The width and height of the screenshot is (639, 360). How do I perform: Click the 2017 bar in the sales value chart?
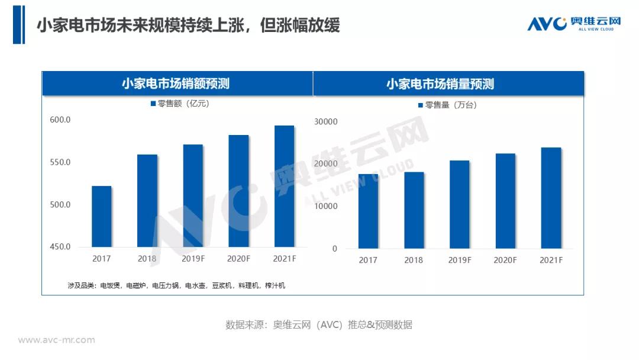click(x=102, y=216)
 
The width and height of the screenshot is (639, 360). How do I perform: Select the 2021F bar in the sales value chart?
click(x=285, y=186)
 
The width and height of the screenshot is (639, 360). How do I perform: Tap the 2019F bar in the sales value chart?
click(x=193, y=195)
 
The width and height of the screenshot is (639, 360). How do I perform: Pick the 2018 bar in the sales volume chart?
click(x=414, y=210)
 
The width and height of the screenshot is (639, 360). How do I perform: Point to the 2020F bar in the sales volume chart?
click(x=505, y=201)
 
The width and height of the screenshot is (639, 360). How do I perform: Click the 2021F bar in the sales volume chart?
click(x=551, y=198)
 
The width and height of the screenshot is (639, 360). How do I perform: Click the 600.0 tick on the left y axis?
click(x=60, y=120)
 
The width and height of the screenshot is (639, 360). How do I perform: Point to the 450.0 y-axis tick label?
click(x=60, y=247)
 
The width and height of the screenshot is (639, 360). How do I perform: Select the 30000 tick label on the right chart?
click(x=326, y=122)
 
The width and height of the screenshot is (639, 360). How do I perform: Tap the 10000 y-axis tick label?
click(x=326, y=207)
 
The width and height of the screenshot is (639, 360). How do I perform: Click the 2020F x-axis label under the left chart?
click(x=238, y=259)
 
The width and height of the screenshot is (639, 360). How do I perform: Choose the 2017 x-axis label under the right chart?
click(x=367, y=261)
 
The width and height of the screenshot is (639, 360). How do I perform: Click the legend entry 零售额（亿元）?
click(x=179, y=104)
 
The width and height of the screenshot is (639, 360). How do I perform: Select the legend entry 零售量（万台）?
click(x=447, y=105)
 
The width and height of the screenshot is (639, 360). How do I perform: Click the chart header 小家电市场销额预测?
click(x=176, y=84)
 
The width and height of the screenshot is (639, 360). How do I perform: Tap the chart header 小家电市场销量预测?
click(x=440, y=84)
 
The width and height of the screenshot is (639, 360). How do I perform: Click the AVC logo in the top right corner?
click(x=573, y=24)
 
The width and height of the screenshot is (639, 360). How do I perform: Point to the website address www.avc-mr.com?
click(x=56, y=340)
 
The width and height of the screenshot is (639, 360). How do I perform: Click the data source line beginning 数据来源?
click(x=318, y=324)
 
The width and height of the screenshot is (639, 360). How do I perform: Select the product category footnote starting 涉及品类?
click(x=176, y=286)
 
